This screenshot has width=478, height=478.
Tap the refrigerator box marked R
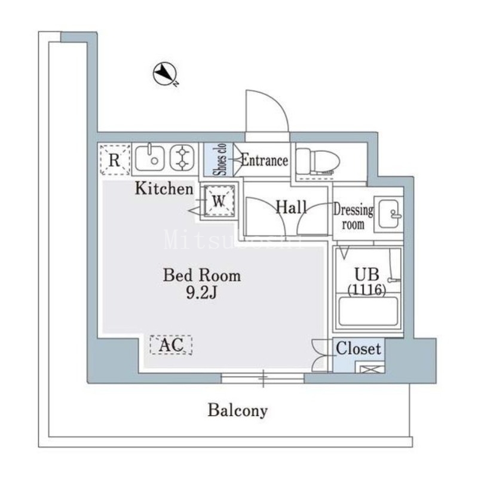(115, 160)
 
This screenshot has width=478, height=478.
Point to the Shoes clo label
(219, 160)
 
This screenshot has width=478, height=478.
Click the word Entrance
(265, 160)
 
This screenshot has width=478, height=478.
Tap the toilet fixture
(318, 160)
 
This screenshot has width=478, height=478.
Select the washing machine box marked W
(219, 201)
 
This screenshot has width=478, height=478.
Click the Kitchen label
(163, 189)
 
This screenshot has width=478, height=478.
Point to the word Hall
(292, 207)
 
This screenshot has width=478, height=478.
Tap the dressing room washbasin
(388, 214)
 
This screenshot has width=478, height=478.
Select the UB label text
(366, 275)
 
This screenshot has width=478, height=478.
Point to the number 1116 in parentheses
(366, 289)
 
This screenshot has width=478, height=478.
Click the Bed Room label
(202, 275)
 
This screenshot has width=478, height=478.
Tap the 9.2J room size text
(202, 293)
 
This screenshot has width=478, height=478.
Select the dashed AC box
(171, 344)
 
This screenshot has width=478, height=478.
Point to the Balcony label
(238, 410)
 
